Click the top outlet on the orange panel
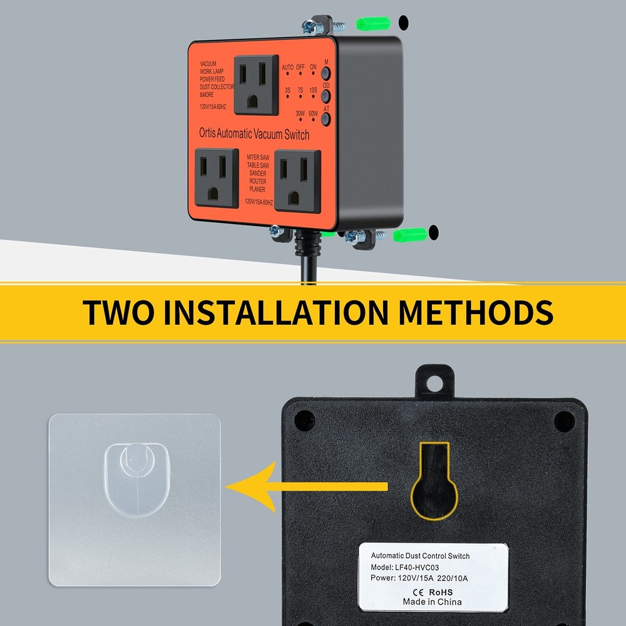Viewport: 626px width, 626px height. [256, 85]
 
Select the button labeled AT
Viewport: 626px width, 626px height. [326, 116]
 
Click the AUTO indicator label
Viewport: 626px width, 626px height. [287, 67]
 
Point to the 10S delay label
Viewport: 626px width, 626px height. [313, 90]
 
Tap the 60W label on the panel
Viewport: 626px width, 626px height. [313, 113]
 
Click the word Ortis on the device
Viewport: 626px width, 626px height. [210, 133]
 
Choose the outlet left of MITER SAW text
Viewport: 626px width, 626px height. [217, 177]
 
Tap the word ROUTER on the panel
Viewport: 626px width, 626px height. [257, 180]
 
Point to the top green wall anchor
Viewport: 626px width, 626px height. [374, 23]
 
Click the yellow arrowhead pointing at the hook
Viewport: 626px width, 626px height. [247, 486]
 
